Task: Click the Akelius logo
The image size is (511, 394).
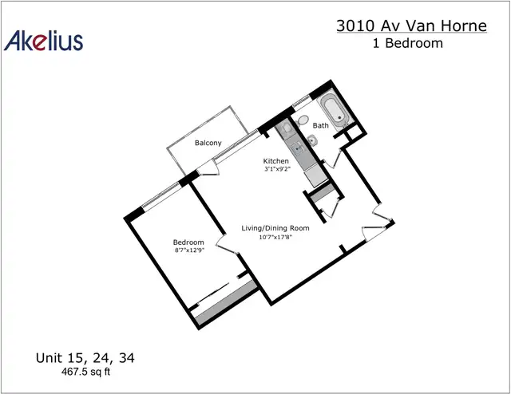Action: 43,41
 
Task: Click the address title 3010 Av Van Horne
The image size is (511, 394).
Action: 412,26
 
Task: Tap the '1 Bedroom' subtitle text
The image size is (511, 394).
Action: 408,43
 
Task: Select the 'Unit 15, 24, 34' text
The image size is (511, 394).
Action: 85,358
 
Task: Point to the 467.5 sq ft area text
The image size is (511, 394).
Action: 85,372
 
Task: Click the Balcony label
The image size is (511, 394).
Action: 208,143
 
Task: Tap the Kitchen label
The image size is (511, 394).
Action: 275,161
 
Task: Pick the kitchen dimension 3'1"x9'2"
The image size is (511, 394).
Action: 277,169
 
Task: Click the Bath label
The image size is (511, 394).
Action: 321,125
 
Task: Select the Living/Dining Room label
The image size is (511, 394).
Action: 275,228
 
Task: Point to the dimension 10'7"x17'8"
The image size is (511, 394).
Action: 275,237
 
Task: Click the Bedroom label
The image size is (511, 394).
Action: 188,242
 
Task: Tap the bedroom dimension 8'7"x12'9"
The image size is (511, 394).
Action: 189,250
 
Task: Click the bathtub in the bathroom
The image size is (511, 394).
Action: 335,110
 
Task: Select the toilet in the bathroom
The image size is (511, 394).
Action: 302,120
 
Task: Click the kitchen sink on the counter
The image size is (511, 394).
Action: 298,149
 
